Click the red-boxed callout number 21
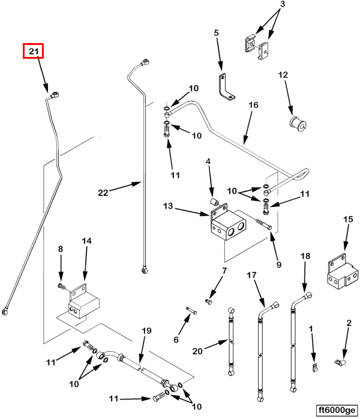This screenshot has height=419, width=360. (34, 52)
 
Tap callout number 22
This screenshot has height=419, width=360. (103, 192)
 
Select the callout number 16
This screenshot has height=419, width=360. (253, 105)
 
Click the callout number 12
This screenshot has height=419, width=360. (283, 75)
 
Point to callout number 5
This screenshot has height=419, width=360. (217, 33)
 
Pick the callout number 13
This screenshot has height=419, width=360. (167, 207)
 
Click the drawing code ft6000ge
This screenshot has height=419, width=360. (336, 409)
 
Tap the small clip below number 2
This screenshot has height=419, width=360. (339, 363)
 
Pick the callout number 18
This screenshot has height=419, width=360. (305, 256)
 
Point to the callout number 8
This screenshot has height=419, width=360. (60, 249)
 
